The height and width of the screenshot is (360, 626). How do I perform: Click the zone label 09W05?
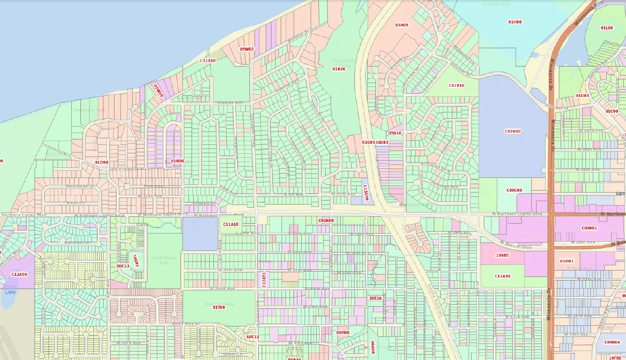click(x=247, y=49)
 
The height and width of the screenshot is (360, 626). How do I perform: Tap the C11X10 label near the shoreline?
click(x=208, y=61)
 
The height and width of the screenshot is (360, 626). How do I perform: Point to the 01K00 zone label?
click(x=339, y=69)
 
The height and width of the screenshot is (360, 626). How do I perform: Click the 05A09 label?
click(x=401, y=25)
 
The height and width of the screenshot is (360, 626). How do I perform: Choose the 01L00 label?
click(x=607, y=28)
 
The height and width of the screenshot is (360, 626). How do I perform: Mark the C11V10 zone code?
click(x=456, y=85)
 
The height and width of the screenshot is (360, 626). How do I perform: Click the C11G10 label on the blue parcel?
click(x=513, y=131)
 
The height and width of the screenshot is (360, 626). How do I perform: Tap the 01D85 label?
click(x=582, y=96)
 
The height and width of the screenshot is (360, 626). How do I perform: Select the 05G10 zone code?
click(x=394, y=133)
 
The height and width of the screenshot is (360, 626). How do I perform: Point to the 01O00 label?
click(x=101, y=162)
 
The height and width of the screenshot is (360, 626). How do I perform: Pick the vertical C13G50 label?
click(x=366, y=193)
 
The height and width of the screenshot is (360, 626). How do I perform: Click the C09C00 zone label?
click(x=514, y=190)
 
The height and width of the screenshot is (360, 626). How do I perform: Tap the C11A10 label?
click(x=230, y=225)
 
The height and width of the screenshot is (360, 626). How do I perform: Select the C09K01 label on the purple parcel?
click(x=589, y=228)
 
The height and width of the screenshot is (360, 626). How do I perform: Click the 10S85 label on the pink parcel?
click(x=502, y=256)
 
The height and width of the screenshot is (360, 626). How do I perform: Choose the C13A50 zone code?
click(x=503, y=276)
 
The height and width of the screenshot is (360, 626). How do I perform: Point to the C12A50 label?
click(x=19, y=274)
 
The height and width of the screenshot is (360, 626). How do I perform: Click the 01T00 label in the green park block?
click(x=218, y=307)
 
